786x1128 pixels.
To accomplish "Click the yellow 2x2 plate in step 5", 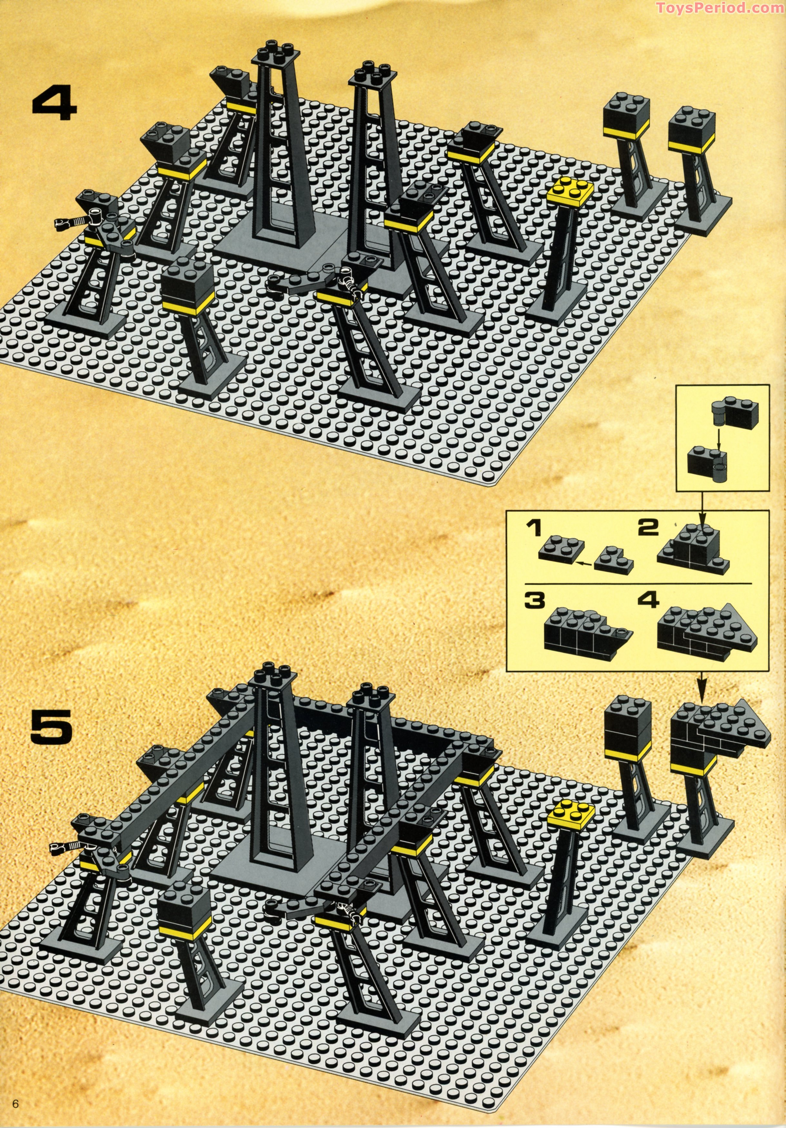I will pyautogui.click(x=573, y=814).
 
